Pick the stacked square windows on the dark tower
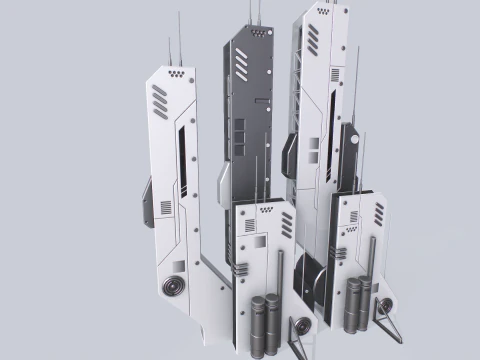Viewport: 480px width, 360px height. (x=239, y=138)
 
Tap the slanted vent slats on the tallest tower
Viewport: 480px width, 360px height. (x=312, y=40)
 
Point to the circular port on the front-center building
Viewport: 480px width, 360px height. (x=241, y=271)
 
